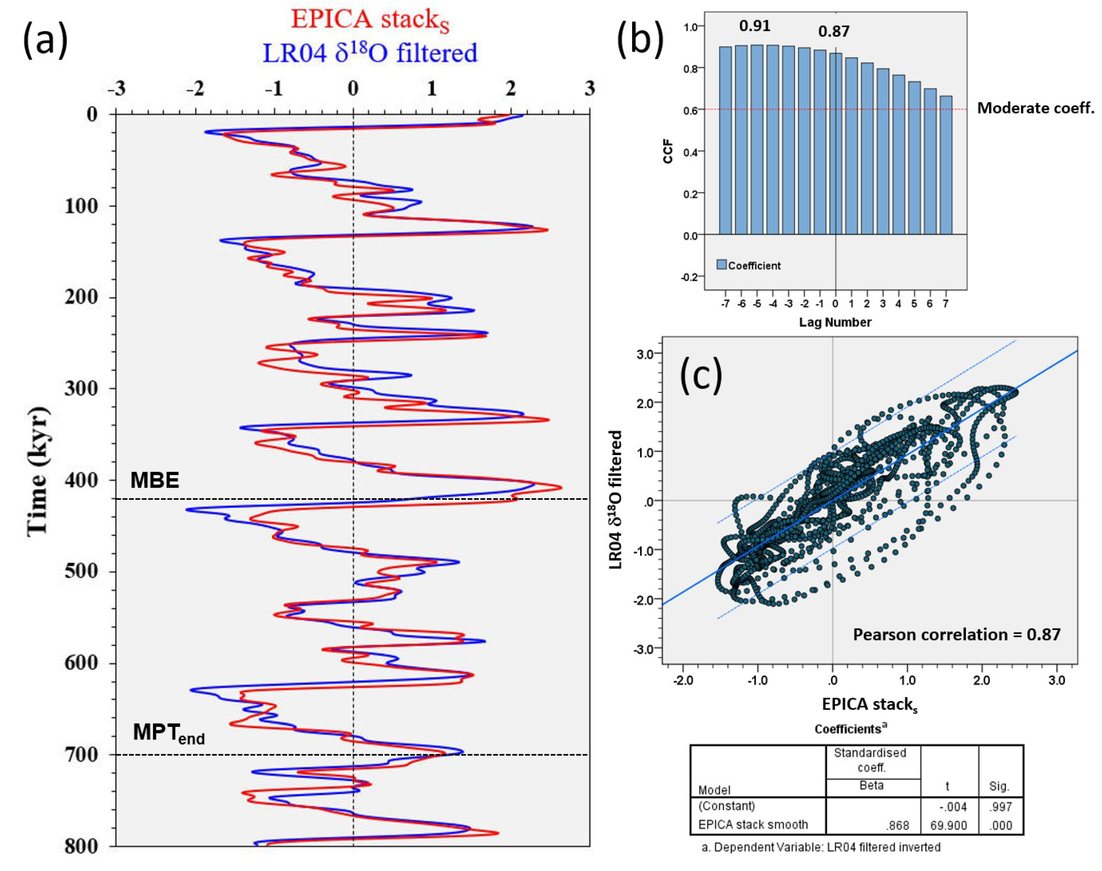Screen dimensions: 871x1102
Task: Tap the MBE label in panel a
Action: pos(154,480)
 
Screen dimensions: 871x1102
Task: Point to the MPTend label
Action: pos(168,733)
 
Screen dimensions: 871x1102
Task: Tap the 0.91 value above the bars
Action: pos(755,26)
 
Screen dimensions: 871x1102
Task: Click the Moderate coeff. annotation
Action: pos(1035,108)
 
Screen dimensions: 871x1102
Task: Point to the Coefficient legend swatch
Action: pos(722,265)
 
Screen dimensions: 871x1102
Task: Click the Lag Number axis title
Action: pos(835,322)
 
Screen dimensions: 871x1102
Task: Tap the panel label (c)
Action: pos(701,375)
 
